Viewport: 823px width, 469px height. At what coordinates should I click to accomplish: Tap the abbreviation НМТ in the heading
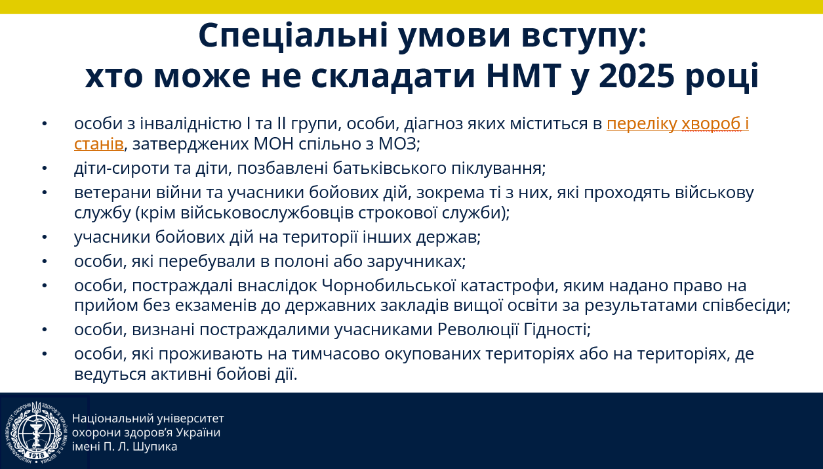point(525,76)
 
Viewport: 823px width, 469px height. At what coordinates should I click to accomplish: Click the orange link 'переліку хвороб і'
point(677,124)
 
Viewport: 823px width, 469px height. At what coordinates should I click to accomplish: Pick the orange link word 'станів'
point(99,144)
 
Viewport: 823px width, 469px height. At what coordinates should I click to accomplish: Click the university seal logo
point(36,432)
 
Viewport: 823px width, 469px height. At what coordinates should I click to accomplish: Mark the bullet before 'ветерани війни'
point(45,192)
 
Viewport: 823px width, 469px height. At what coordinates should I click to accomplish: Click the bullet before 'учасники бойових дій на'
point(45,237)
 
